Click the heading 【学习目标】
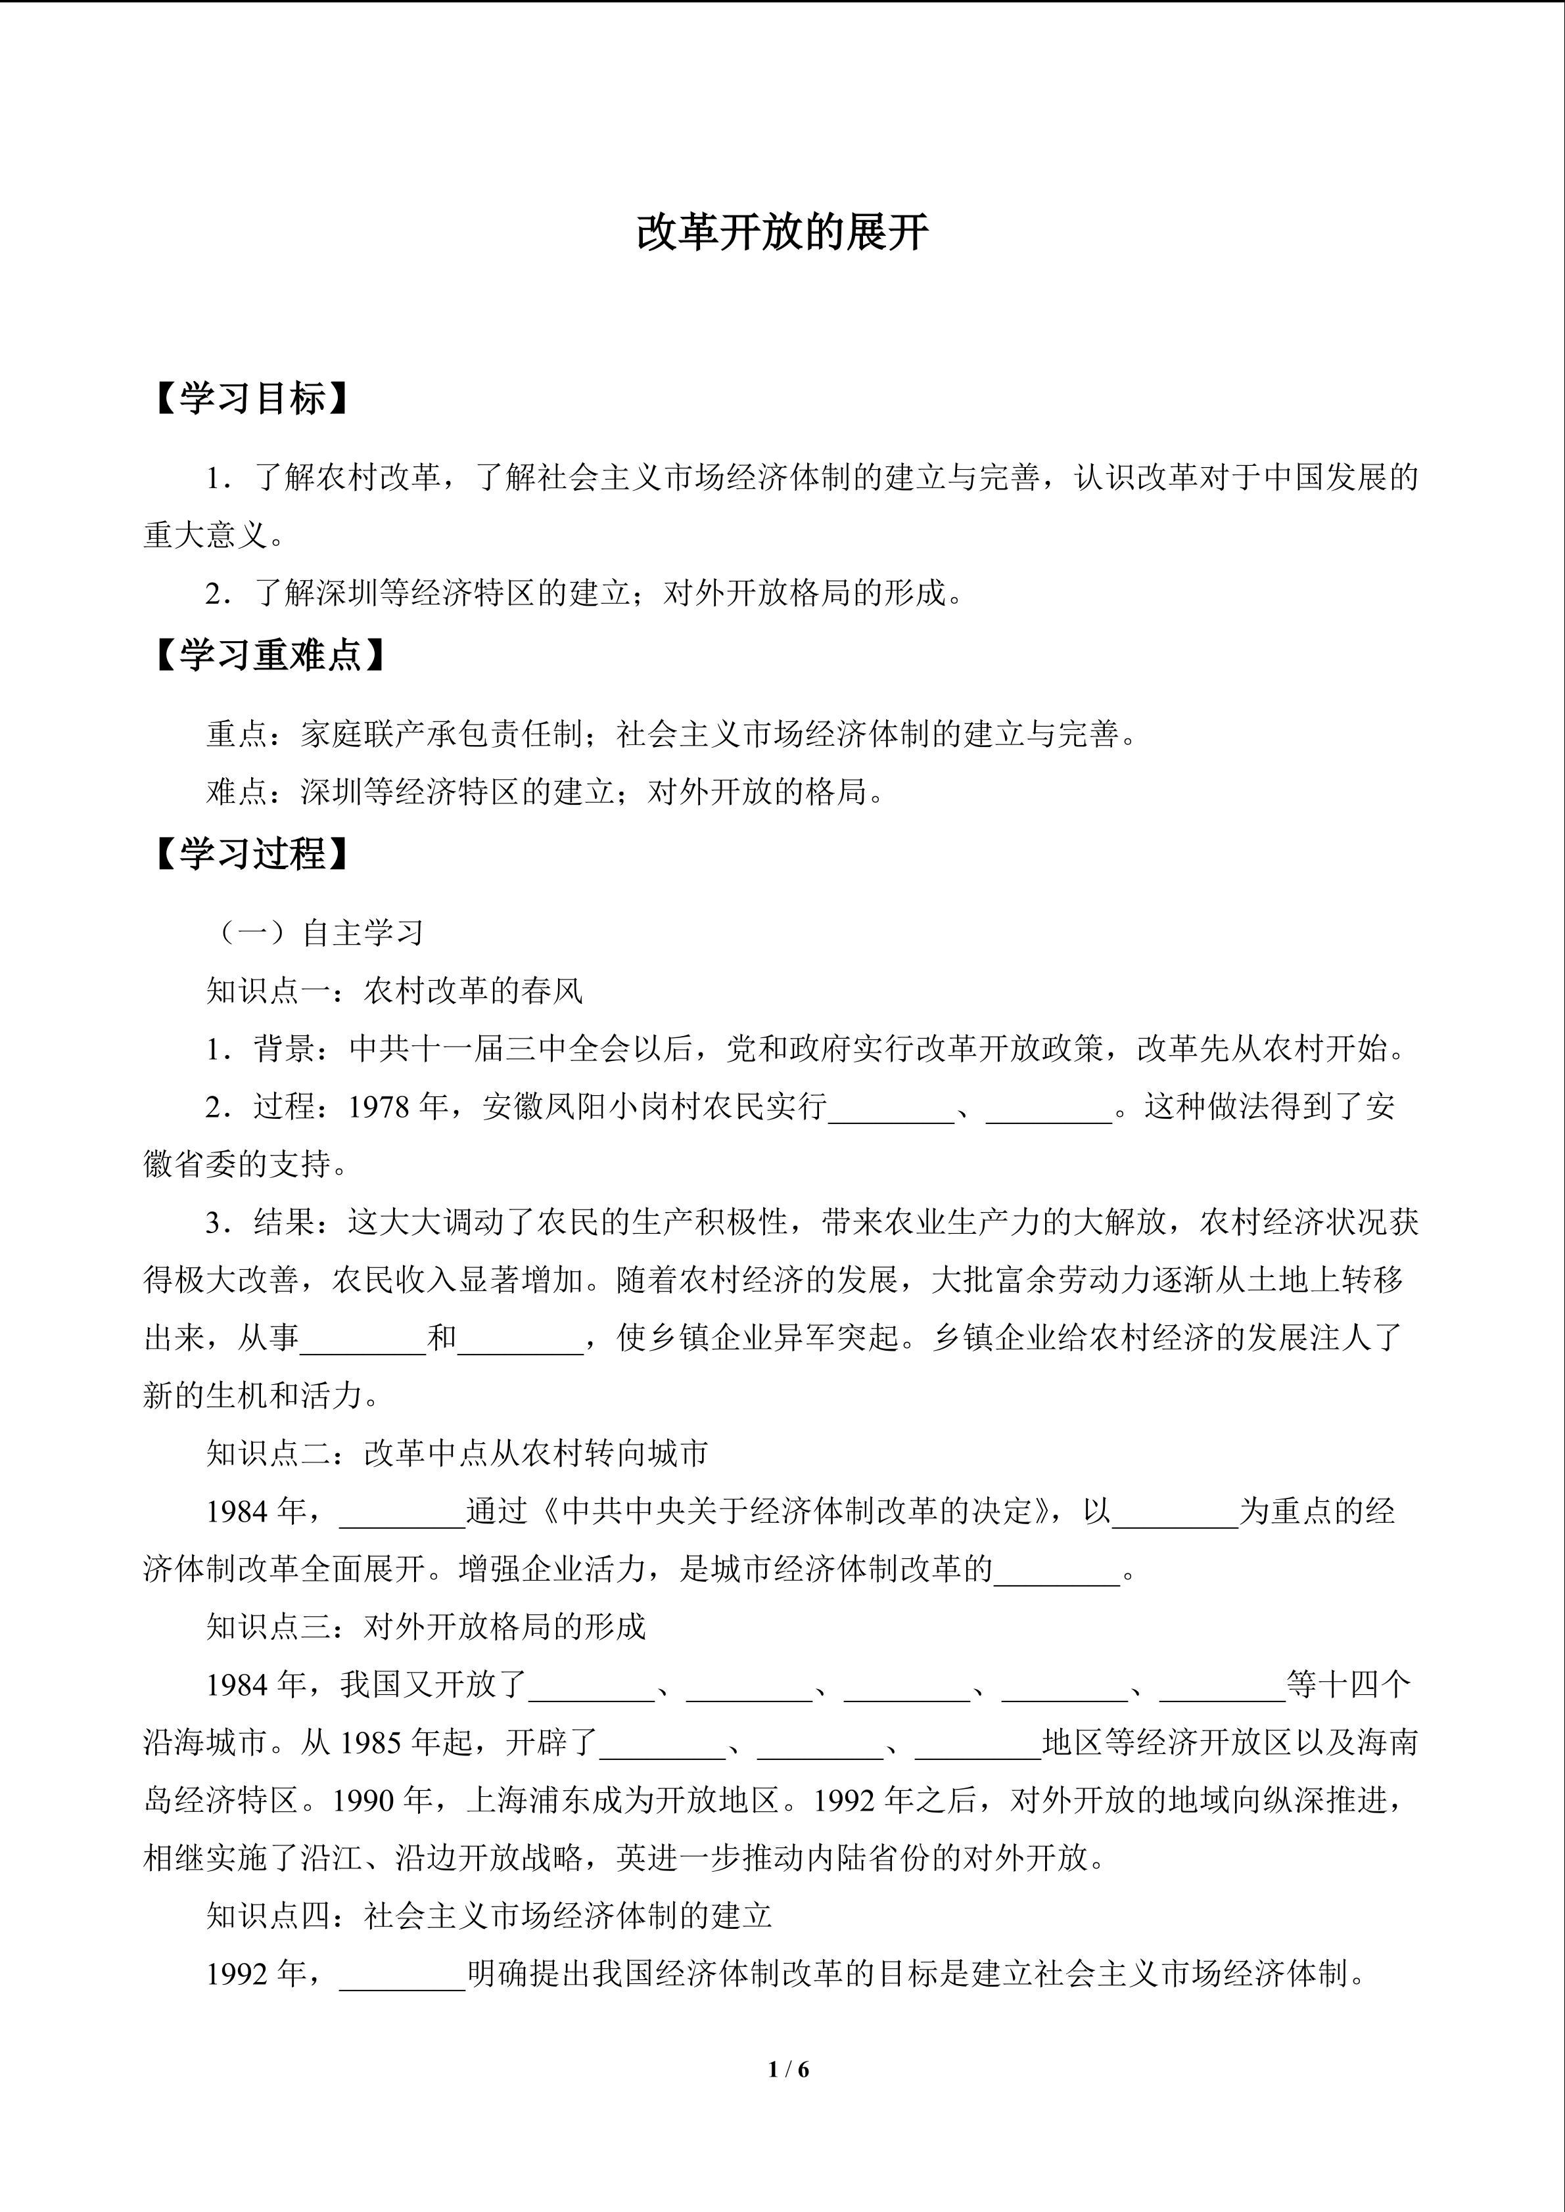coord(250,399)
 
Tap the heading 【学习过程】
coord(250,853)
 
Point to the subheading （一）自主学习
coord(317,933)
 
